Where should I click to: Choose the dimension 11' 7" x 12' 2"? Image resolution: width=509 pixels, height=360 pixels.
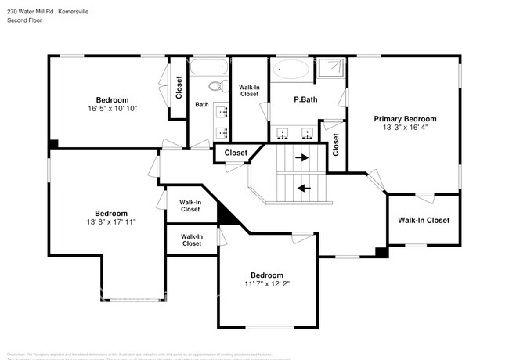[266, 284]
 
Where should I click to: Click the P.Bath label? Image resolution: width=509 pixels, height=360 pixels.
[305, 99]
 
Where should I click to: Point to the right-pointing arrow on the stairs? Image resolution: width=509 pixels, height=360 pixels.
[301, 157]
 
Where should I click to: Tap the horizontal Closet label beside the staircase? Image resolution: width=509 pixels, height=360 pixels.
[236, 153]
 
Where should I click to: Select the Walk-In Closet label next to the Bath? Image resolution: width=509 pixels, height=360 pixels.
[249, 91]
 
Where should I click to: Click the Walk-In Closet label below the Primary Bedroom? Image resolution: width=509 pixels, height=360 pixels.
[423, 221]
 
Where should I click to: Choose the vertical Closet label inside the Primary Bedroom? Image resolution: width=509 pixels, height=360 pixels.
[336, 143]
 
